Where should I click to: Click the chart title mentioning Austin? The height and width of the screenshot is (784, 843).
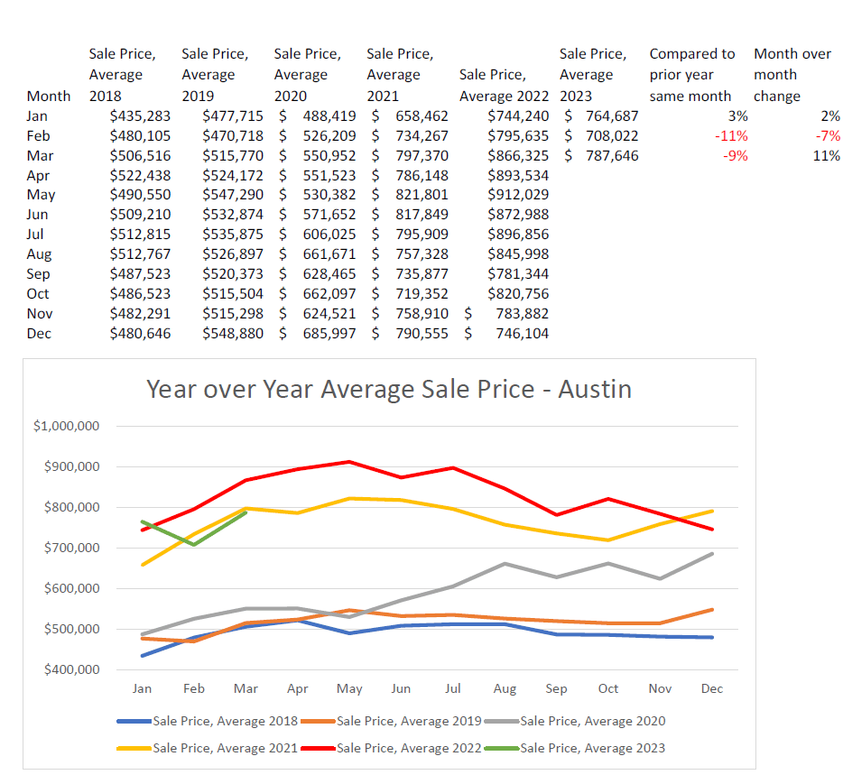tap(389, 389)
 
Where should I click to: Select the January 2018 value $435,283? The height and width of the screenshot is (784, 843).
tap(140, 115)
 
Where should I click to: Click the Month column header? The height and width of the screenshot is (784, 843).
tap(49, 96)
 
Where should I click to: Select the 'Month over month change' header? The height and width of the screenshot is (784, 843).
tap(792, 75)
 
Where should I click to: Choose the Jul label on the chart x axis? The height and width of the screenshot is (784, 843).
tap(453, 688)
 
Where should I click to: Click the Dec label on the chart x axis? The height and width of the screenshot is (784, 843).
tap(711, 688)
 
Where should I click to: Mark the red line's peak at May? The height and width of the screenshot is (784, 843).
tap(349, 462)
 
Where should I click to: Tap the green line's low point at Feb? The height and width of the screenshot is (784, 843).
tap(194, 544)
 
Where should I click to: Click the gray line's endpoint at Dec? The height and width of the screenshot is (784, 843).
tap(712, 553)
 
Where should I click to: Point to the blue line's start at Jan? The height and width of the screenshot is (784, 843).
tap(142, 655)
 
